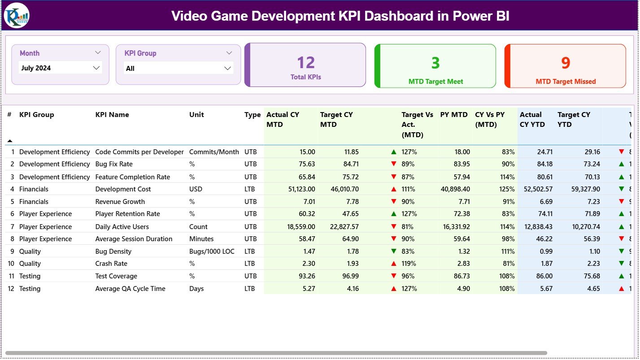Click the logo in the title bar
[x=17, y=15]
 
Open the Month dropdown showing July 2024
[x=61, y=68]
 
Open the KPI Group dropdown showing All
[x=178, y=68]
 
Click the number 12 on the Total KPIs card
[x=306, y=63]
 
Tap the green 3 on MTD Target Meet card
[x=435, y=63]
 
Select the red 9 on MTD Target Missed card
[x=566, y=63]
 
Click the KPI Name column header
[x=112, y=115]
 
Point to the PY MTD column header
[x=454, y=115]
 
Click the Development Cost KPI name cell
[x=123, y=189]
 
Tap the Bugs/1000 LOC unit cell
[x=212, y=252]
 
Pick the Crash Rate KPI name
[x=111, y=264]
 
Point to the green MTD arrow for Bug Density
[x=394, y=252]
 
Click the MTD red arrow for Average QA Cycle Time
[x=394, y=289]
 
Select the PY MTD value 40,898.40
[x=456, y=189]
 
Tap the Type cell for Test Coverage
[x=250, y=276]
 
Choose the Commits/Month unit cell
[x=214, y=152]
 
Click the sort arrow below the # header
[x=10, y=141]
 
